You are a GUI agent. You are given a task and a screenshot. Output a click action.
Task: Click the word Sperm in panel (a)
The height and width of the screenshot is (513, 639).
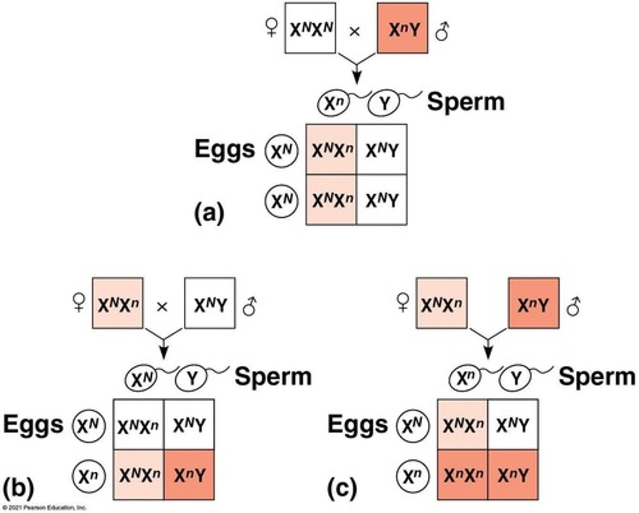(x=465, y=102)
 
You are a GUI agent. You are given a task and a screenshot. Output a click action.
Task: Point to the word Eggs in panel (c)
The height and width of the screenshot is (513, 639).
(x=357, y=424)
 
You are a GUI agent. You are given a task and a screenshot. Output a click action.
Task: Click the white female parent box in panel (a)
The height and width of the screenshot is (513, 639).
(x=310, y=28)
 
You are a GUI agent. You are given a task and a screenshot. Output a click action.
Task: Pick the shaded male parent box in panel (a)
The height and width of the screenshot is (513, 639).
(x=402, y=28)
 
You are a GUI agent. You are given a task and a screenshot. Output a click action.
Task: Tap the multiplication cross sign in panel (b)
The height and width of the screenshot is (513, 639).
(x=162, y=306)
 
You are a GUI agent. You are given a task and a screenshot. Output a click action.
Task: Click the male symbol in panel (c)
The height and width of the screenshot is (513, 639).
(x=574, y=305)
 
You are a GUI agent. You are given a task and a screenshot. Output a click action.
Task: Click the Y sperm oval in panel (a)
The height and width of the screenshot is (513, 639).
(x=384, y=103)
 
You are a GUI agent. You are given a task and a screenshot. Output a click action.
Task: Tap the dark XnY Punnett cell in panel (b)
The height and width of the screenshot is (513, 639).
(x=189, y=475)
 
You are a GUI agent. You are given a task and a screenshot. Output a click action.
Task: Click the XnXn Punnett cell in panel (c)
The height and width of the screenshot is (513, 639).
(x=462, y=475)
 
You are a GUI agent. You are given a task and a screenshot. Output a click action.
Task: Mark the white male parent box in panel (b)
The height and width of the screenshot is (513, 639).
(x=210, y=303)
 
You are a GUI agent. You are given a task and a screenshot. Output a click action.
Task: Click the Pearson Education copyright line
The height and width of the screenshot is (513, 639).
(x=43, y=508)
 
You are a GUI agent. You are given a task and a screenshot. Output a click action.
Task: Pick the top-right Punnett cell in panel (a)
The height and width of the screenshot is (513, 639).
(x=382, y=150)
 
